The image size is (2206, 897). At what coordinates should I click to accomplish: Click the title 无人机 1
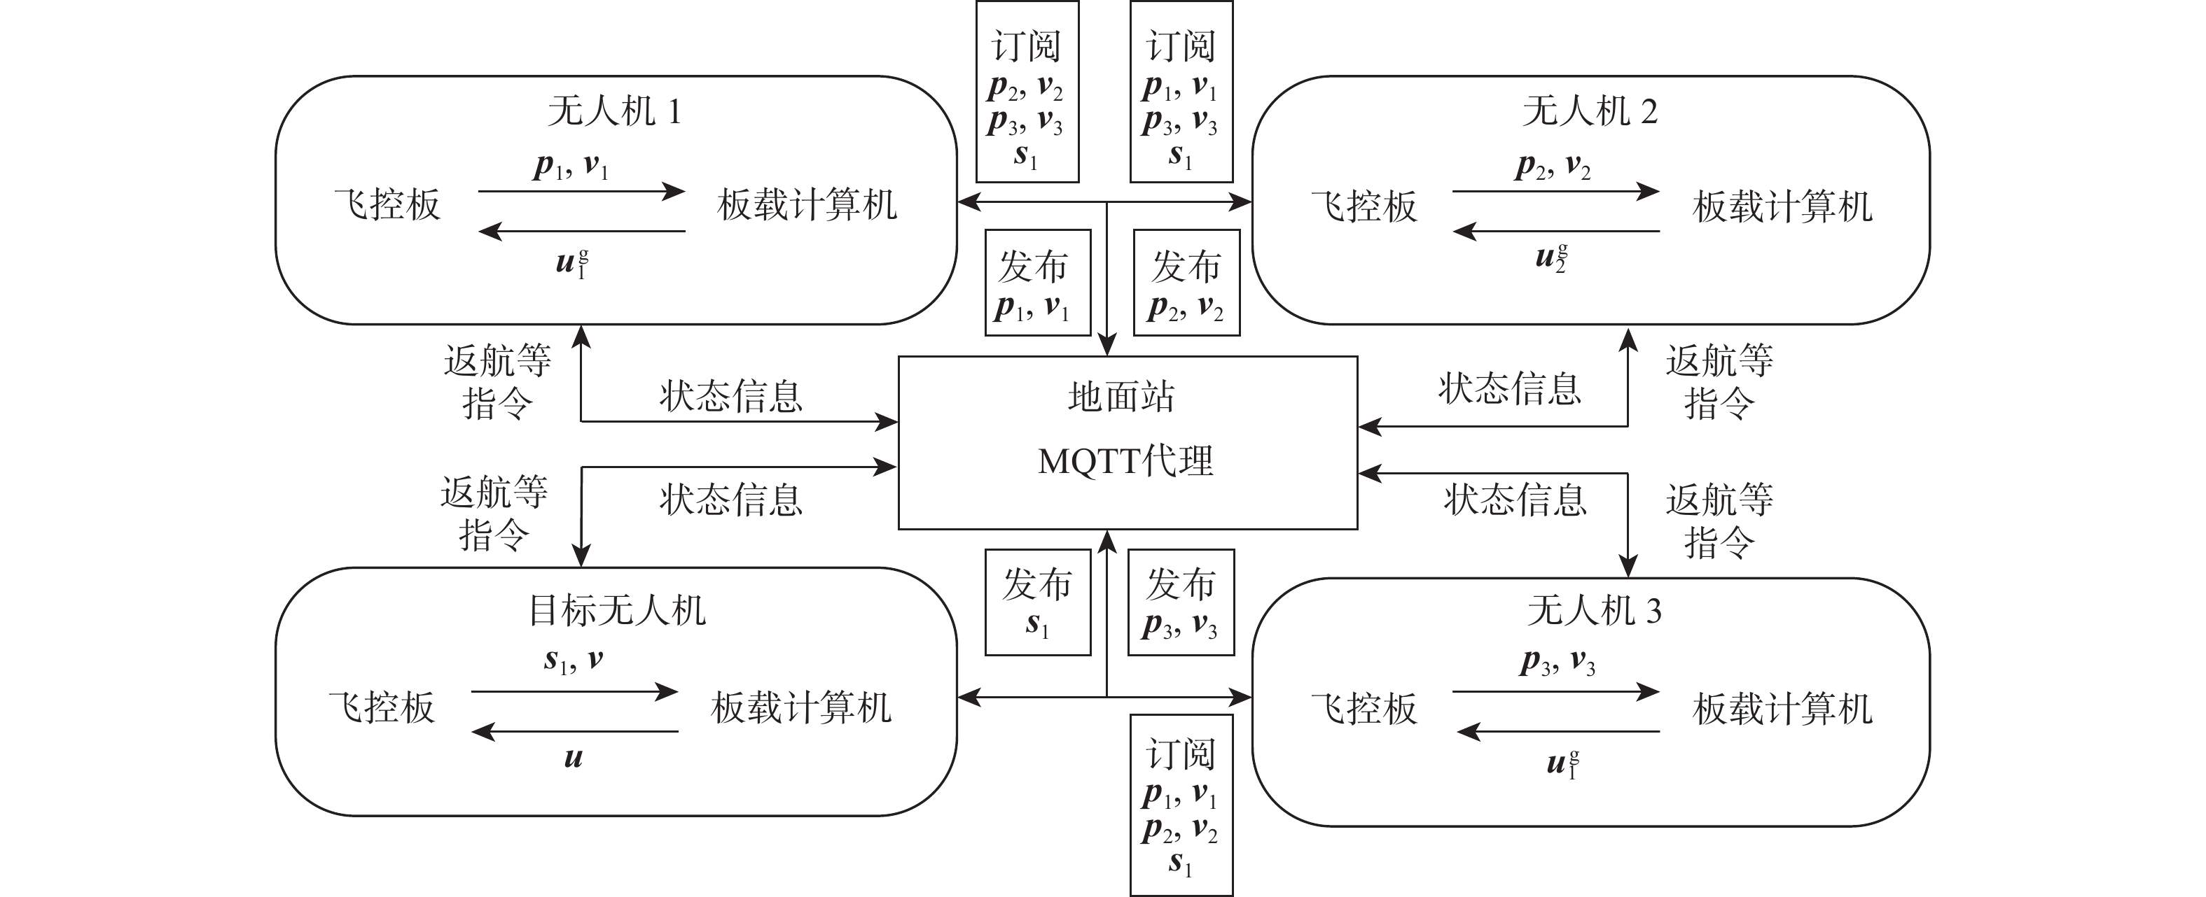click(614, 112)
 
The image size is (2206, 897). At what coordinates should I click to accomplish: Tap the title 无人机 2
click(1590, 112)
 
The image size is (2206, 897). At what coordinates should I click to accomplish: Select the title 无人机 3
click(1594, 611)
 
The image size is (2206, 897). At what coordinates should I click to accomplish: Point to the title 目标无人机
click(616, 611)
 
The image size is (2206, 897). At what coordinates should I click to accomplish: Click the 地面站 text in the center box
click(1121, 397)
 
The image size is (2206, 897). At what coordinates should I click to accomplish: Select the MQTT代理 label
click(1125, 462)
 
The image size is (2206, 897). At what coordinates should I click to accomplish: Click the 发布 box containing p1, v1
click(1037, 283)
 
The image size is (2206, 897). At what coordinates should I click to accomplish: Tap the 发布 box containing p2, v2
click(1186, 283)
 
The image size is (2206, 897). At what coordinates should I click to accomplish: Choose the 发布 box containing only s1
click(1037, 602)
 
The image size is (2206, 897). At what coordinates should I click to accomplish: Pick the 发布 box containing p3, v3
click(1181, 602)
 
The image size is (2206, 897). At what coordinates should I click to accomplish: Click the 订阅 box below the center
click(1181, 805)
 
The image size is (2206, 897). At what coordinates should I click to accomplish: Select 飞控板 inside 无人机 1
click(387, 206)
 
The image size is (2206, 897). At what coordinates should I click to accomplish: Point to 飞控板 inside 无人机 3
click(1364, 709)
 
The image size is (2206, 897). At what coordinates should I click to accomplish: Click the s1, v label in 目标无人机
click(573, 661)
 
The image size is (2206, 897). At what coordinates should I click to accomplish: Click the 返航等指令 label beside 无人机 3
click(1719, 521)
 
